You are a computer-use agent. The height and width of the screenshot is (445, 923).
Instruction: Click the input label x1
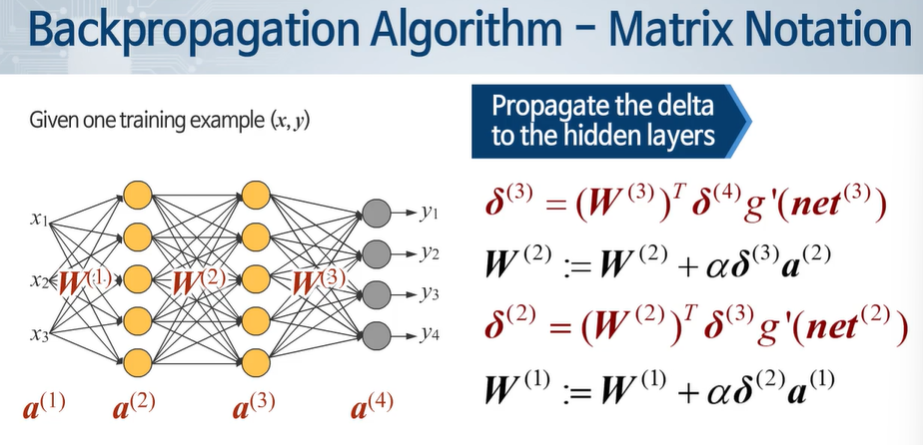pyautogui.click(x=40, y=218)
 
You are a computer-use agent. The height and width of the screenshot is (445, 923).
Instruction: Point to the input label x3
pyautogui.click(x=40, y=335)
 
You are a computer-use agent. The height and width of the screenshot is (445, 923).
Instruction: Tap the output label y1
pyautogui.click(x=431, y=213)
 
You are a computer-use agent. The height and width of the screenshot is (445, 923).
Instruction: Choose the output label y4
pyautogui.click(x=431, y=333)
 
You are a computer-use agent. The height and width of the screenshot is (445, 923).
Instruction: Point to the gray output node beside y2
pyautogui.click(x=375, y=253)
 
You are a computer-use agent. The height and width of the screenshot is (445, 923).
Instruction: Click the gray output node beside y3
pyautogui.click(x=375, y=293)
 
